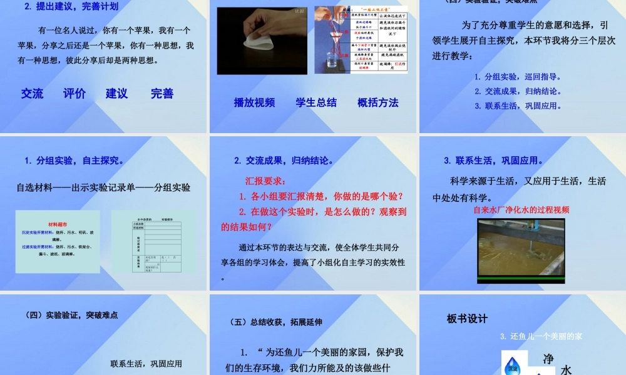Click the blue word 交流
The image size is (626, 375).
click(x=32, y=94)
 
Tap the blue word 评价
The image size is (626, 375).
click(x=74, y=94)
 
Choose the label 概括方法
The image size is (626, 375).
click(x=377, y=102)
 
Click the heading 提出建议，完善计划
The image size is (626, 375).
click(x=71, y=7)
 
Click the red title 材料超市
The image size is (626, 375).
click(x=57, y=224)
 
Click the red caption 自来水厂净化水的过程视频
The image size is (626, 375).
click(x=521, y=210)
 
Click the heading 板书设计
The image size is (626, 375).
click(x=467, y=319)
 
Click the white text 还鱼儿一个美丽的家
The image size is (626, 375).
click(x=541, y=336)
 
